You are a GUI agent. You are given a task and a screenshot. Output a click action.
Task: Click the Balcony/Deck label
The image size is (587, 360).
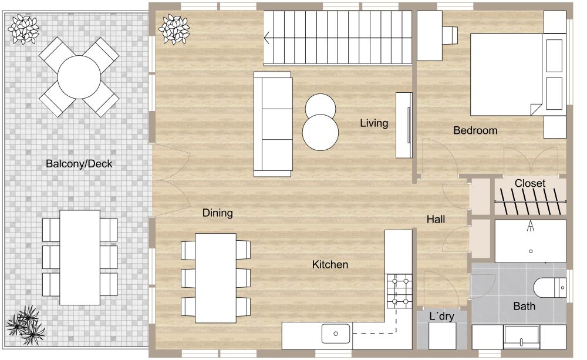(x=79, y=164)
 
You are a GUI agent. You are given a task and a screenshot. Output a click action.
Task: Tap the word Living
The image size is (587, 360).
(x=374, y=123)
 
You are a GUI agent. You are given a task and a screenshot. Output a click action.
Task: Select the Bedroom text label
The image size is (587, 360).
(x=475, y=130)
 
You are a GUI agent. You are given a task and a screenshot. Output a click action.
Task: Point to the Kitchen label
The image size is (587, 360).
(x=330, y=265)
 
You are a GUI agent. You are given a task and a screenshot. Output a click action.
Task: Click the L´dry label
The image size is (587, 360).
(x=441, y=317)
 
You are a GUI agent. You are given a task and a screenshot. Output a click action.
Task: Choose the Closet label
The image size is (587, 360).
(x=529, y=183)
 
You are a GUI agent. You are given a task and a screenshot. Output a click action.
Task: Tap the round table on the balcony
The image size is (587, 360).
(x=79, y=77)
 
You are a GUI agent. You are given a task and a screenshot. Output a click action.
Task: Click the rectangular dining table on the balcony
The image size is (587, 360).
(x=80, y=257)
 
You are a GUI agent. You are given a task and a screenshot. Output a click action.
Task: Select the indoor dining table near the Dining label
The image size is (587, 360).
(x=215, y=278)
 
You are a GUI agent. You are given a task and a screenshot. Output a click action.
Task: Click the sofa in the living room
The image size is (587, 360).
(x=272, y=124)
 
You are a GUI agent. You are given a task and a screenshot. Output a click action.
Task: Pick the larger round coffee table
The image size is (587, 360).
(x=321, y=132)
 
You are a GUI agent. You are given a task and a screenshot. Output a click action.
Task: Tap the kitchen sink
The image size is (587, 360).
(x=336, y=334)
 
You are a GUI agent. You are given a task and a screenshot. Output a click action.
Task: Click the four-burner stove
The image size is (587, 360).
(x=400, y=291)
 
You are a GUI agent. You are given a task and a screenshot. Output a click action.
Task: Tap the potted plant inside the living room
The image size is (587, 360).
(x=175, y=29)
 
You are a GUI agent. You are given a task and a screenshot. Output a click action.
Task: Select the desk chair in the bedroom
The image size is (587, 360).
(x=450, y=35)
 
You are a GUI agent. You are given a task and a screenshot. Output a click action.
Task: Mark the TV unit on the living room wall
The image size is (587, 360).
(x=404, y=125)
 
